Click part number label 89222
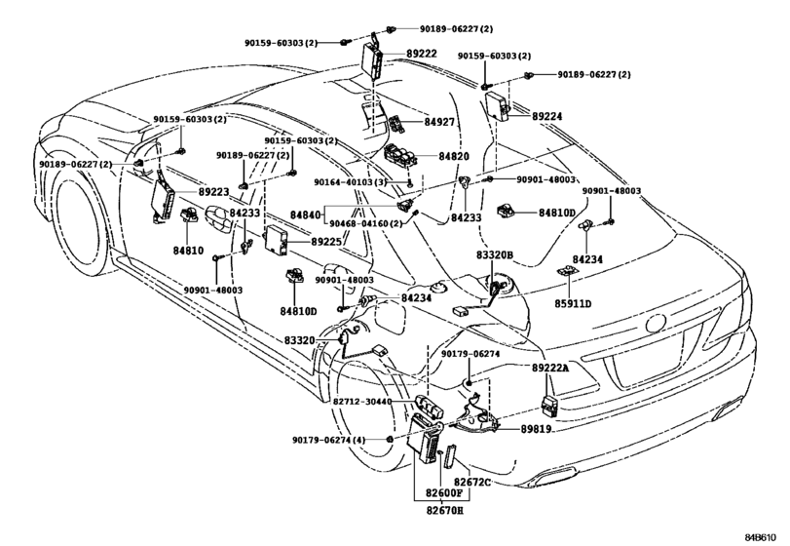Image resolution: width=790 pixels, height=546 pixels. click(x=422, y=54)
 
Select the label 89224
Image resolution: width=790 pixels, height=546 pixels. click(x=547, y=116)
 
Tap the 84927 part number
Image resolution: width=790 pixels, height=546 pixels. click(x=438, y=122)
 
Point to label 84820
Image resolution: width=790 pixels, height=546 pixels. click(x=453, y=156)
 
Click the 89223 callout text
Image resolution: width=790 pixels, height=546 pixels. click(x=213, y=192)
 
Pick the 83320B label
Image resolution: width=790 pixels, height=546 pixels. click(x=495, y=255)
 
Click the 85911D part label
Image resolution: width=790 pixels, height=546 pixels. click(x=574, y=303)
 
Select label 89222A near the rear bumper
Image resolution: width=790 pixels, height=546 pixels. click(x=550, y=368)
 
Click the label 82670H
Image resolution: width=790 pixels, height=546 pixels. click(x=443, y=510)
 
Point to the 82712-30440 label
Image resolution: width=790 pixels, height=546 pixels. click(x=362, y=402)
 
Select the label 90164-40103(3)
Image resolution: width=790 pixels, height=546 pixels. click(x=351, y=182)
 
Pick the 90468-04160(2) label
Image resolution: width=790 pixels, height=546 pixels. click(x=366, y=223)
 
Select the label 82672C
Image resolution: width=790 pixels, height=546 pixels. click(x=471, y=483)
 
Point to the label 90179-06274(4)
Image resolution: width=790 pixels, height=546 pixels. click(x=329, y=440)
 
